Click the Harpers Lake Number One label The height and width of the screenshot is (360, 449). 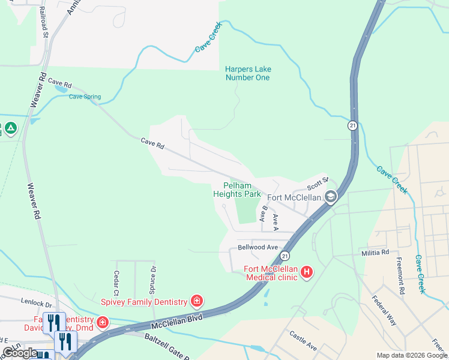click(247, 73)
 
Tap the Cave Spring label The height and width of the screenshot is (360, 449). click(85, 97)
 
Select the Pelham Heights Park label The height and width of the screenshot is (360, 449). click(237, 190)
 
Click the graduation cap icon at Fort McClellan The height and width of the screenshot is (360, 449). click(330, 197)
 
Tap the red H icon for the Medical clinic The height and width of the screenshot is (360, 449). click(307, 272)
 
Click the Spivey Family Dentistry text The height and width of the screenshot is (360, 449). click(142, 301)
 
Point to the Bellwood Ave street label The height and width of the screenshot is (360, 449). click(258, 247)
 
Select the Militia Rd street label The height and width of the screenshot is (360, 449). click(375, 253)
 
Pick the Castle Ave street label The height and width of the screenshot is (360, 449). click(303, 341)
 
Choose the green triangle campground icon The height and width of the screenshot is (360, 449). click(10, 128)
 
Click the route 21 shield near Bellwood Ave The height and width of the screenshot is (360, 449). click(284, 256)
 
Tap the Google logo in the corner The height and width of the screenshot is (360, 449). click(20, 353)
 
